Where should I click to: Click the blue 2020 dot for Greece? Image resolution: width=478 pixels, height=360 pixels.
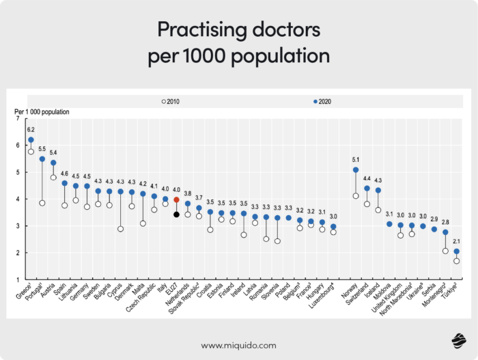point(31,140)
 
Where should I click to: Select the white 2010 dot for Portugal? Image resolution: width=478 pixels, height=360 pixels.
point(42,203)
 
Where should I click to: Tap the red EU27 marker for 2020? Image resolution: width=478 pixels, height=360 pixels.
point(176,200)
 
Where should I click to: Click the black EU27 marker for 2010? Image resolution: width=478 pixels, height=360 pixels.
point(176,214)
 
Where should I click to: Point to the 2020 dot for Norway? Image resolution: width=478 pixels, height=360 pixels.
point(356,170)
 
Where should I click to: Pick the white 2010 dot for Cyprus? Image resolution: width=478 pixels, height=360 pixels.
point(120,229)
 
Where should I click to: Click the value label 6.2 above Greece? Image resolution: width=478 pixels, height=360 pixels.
point(31,129)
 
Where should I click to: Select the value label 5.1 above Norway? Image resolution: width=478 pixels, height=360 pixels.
point(355,159)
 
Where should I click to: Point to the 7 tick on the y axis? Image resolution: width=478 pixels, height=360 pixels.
point(17,119)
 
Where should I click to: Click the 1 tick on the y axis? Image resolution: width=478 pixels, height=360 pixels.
point(17,279)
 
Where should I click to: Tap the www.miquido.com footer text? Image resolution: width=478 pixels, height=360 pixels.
point(238,345)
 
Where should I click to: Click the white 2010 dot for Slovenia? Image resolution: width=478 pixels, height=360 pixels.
point(277,241)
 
